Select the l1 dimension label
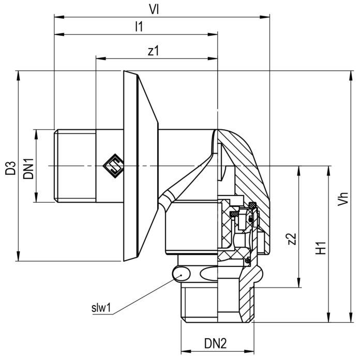point(138,27)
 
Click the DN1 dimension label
point(28,167)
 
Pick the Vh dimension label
point(341,197)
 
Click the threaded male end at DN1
point(75,165)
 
